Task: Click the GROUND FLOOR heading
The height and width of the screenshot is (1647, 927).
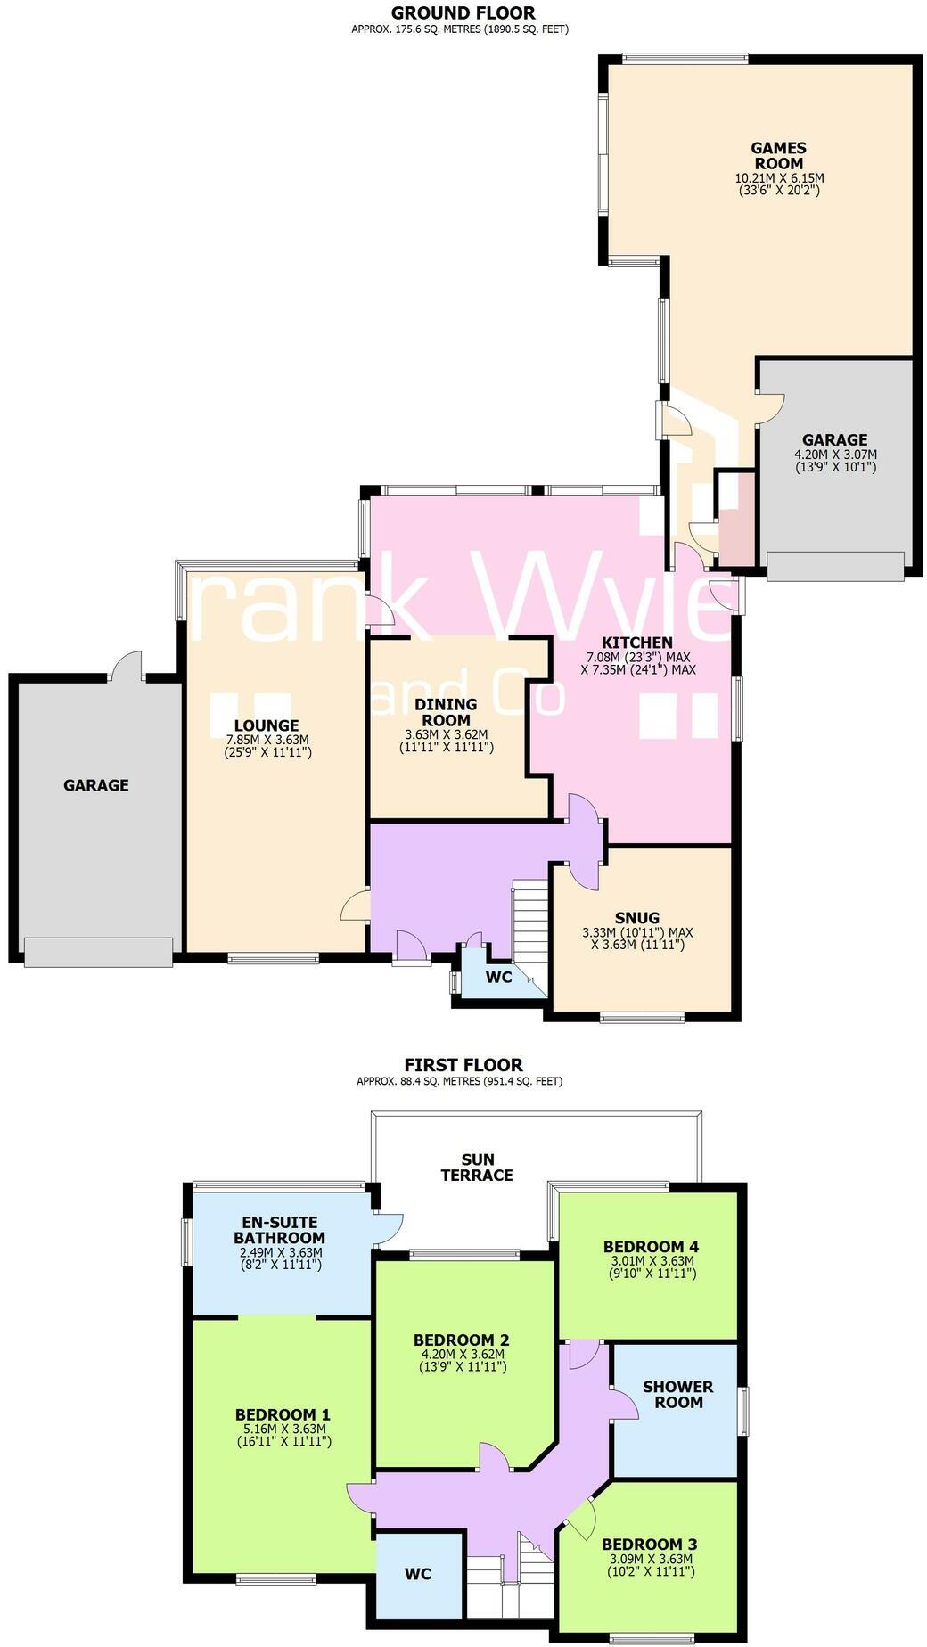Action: [463, 12]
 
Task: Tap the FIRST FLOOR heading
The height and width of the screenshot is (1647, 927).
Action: [463, 1064]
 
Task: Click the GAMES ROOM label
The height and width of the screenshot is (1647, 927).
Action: [779, 156]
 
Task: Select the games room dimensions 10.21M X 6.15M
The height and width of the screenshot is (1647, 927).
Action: [779, 177]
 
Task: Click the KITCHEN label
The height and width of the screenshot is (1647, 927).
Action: [636, 643]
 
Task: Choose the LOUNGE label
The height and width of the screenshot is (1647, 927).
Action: [267, 725]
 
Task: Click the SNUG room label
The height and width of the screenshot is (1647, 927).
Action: [637, 918]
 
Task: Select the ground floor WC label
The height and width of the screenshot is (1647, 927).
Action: [498, 977]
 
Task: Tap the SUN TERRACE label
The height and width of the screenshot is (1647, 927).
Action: [477, 1168]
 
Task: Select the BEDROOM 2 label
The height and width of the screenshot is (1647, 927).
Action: [461, 1340]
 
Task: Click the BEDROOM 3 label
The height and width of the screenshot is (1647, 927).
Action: [649, 1545]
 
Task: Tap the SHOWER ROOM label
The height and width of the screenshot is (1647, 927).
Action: [677, 1394]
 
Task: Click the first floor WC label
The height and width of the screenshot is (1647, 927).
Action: [418, 1574]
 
